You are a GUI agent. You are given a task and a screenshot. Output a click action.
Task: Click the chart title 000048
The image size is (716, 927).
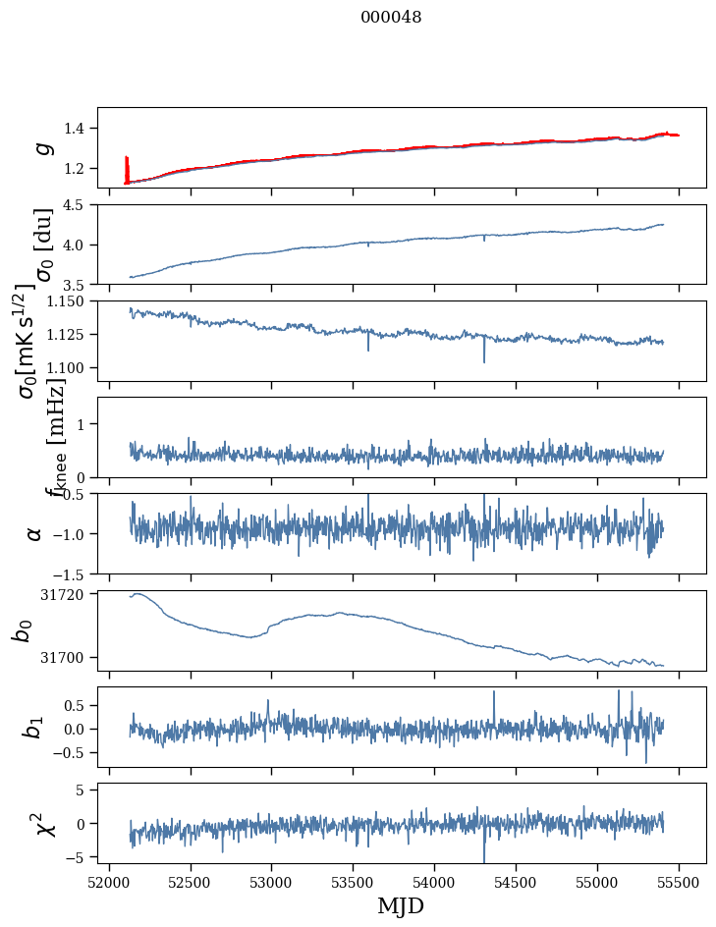pyautogui.click(x=391, y=18)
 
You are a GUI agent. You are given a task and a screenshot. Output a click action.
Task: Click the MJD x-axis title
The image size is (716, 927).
pyautogui.click(x=401, y=906)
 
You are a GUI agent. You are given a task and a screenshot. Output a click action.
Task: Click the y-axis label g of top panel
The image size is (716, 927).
pyautogui.click(x=41, y=147)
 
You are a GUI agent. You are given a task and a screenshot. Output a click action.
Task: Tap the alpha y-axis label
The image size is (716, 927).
pyautogui.click(x=34, y=533)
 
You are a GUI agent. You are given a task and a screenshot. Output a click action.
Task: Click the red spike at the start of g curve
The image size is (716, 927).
pyautogui.click(x=126, y=167)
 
